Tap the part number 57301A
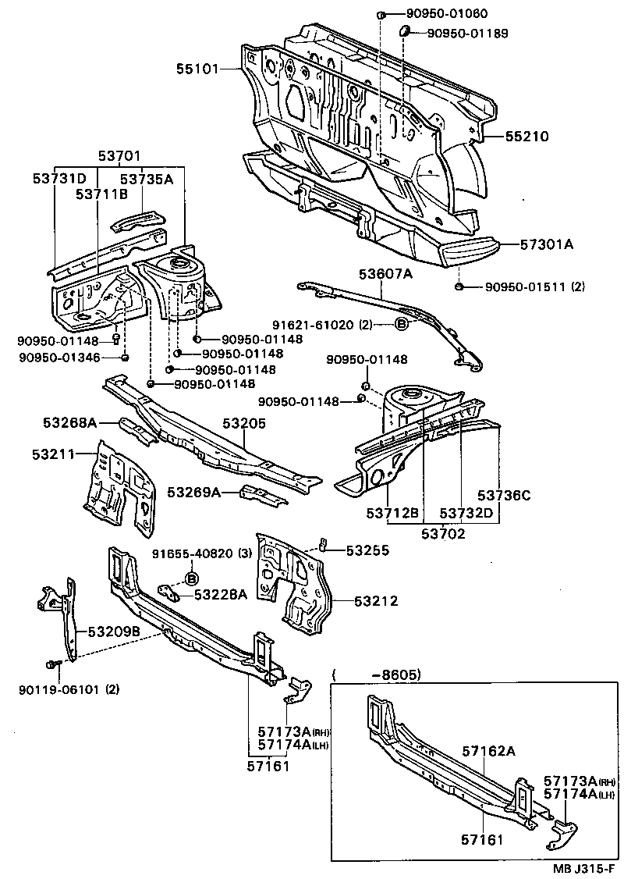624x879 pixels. click(x=546, y=244)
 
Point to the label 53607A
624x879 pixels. click(x=385, y=274)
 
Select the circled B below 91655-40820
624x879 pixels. click(x=190, y=578)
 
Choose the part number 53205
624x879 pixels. click(x=244, y=423)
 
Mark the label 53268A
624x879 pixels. click(x=69, y=422)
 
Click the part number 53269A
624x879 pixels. click(x=194, y=492)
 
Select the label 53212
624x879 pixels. click(x=376, y=601)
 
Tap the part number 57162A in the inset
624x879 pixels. click(x=489, y=751)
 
